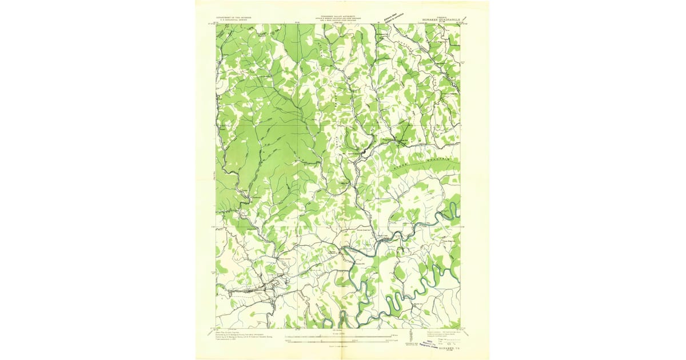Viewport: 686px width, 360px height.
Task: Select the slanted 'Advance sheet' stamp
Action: (394, 11)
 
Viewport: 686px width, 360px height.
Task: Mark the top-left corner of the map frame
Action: (216, 24)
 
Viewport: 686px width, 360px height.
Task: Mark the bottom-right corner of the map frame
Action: (460, 328)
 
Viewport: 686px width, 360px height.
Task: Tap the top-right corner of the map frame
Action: (460, 24)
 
